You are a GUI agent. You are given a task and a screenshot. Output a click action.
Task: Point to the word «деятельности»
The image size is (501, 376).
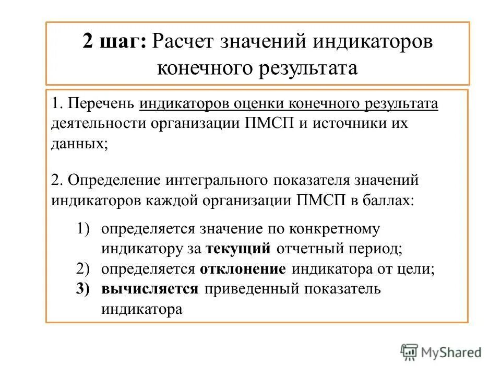point(99,124)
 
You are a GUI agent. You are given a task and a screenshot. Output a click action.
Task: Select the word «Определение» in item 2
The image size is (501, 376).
point(115,180)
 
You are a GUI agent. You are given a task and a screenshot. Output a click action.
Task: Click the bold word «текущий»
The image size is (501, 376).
point(238,249)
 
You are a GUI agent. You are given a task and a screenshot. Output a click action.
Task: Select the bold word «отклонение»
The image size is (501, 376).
point(243,269)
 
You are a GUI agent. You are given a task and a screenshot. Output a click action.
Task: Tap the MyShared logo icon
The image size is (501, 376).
point(409,352)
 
